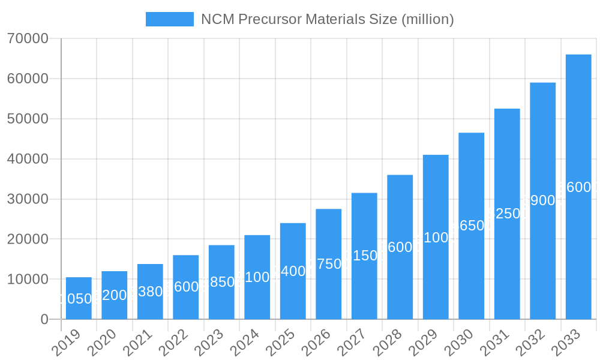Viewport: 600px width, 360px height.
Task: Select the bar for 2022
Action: click(x=185, y=287)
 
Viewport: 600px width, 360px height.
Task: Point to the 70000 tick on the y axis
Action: click(x=28, y=39)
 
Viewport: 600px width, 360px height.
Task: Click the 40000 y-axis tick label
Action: click(x=28, y=159)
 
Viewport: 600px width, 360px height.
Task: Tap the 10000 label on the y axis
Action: click(x=28, y=280)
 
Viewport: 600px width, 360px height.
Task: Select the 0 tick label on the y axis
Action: click(x=44, y=320)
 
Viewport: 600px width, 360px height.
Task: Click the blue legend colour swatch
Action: click(x=170, y=19)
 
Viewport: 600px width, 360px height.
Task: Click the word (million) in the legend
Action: click(x=427, y=19)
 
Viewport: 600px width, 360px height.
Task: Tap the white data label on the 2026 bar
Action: click(x=329, y=264)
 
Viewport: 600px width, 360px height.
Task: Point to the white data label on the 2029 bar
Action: click(x=436, y=238)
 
